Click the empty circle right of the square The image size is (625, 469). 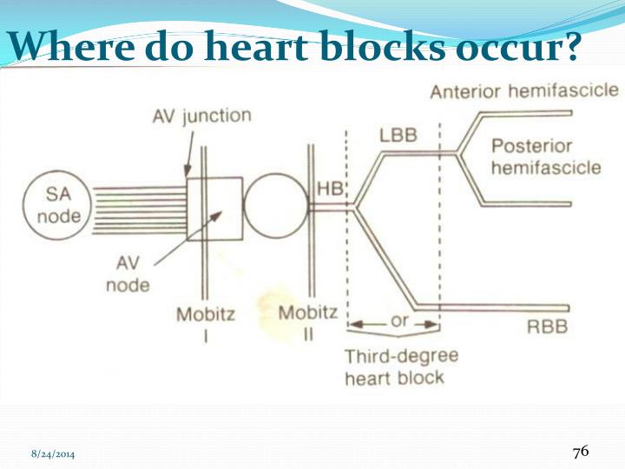pyautogui.click(x=275, y=207)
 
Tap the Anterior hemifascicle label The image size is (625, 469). pyautogui.click(x=523, y=91)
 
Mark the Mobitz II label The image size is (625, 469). pyautogui.click(x=308, y=322)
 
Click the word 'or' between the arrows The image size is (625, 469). pyautogui.click(x=399, y=320)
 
